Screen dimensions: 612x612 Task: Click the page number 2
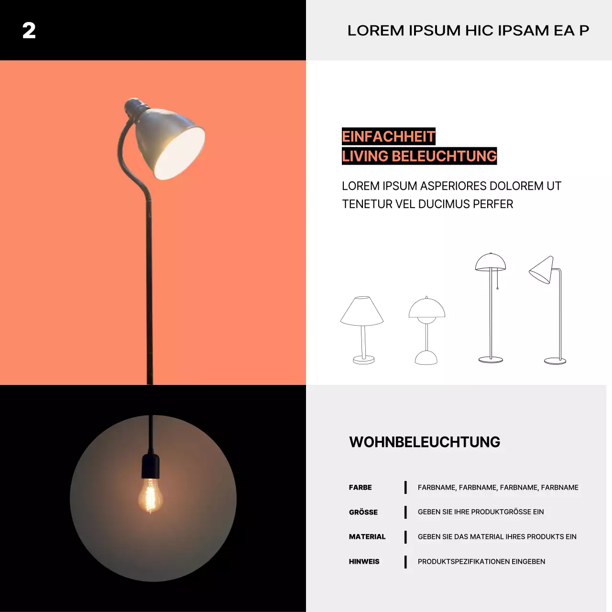coord(29,31)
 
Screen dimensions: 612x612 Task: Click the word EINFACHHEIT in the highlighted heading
coord(388,137)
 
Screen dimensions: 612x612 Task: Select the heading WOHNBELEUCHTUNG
coord(425,442)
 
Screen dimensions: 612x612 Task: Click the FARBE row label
coord(360,487)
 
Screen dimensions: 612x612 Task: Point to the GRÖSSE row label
coord(363,512)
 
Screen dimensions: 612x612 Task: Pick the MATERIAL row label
coord(367,536)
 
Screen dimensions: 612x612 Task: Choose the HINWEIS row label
coord(364,561)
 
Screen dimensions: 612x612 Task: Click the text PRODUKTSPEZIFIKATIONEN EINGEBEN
coord(481,561)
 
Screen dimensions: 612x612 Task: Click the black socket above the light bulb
coord(151,466)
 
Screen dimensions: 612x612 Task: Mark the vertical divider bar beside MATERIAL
coord(405,536)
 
